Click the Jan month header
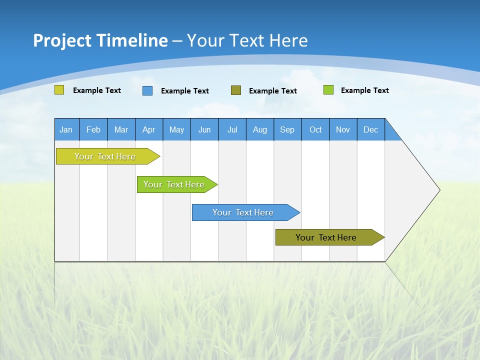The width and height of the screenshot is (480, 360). tap(66, 129)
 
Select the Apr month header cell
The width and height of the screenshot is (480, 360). tap(149, 129)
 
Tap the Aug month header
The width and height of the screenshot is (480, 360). tap(260, 129)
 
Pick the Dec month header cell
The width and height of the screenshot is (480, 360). tap(371, 129)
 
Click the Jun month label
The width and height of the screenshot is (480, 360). tap(204, 129)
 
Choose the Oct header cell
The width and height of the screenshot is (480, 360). tap(315, 129)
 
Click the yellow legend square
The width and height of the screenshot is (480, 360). tap(59, 90)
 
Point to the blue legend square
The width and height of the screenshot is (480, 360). tap(147, 90)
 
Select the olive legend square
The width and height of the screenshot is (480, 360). tap(236, 90)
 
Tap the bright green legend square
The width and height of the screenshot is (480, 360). tap(328, 90)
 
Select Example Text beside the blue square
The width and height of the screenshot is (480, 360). tap(185, 91)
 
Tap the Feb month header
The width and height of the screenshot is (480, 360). tap(93, 129)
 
